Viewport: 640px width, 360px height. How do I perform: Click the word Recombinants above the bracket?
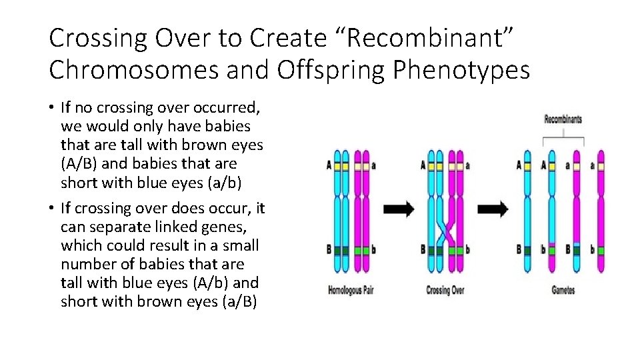[563, 120]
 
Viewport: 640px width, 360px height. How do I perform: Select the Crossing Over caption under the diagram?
[445, 290]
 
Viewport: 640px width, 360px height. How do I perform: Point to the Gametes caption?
[563, 290]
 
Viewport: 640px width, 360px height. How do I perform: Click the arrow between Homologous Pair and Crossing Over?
[399, 209]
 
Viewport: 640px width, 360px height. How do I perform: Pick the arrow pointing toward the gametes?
[493, 209]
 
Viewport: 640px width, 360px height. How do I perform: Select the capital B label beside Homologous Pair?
[329, 250]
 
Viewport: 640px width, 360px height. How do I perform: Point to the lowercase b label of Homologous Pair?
[373, 250]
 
